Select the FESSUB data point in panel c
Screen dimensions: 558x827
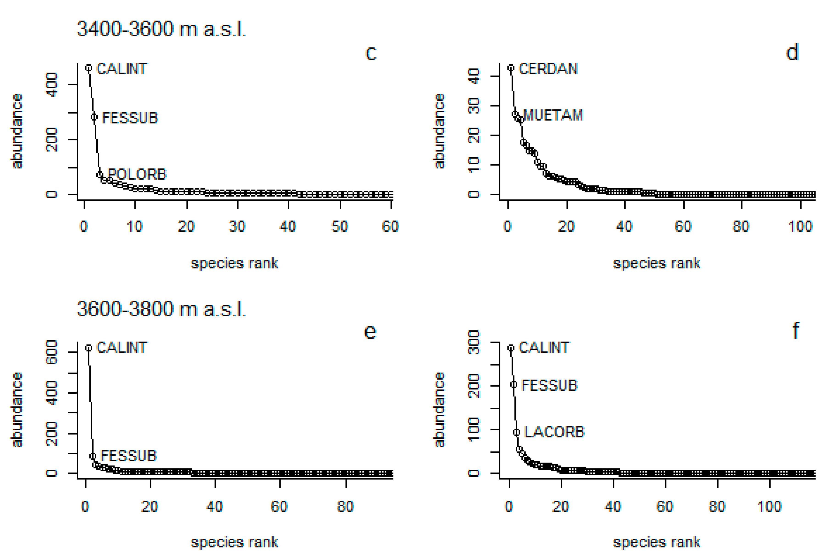point(94,117)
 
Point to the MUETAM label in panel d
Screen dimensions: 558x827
point(553,115)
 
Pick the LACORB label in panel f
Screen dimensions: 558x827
point(554,432)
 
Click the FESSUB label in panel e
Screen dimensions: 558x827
point(128,455)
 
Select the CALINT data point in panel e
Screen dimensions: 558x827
point(89,348)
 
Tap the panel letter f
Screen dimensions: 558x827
point(796,331)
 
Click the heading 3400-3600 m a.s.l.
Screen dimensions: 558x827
point(161,29)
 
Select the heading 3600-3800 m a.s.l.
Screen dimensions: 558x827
point(161,309)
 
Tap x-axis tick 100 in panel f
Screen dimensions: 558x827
point(769,506)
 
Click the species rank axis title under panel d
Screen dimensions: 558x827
point(656,263)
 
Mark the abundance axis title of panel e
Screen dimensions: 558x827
point(17,409)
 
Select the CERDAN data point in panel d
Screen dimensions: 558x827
point(511,68)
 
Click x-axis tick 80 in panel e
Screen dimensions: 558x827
point(345,506)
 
